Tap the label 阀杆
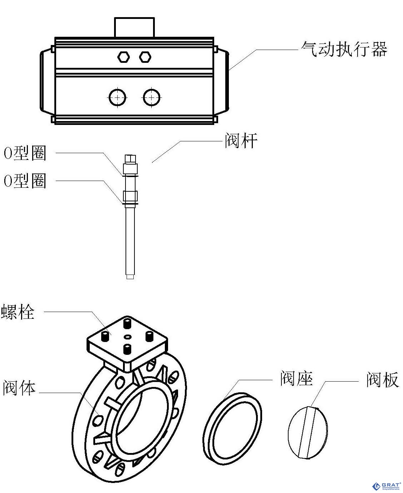click(241, 141)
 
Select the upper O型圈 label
click(25, 153)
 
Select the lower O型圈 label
click(25, 181)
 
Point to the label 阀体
click(19, 387)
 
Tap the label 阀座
click(296, 378)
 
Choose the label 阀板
click(382, 380)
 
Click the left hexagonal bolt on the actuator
click(123, 56)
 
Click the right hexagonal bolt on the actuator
click(145, 56)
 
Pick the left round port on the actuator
click(118, 97)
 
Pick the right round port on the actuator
click(152, 97)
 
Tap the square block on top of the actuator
click(134, 26)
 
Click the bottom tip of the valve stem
click(130, 276)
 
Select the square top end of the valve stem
click(130, 157)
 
